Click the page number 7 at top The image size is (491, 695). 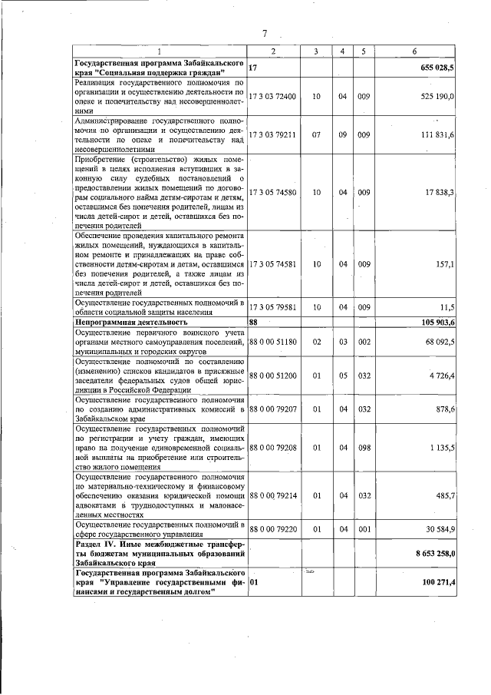click(x=264, y=33)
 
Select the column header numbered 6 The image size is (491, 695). click(x=414, y=51)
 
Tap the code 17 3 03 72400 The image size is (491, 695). click(x=275, y=97)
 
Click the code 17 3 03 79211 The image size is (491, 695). click(x=275, y=134)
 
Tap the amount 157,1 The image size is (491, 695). click(x=446, y=263)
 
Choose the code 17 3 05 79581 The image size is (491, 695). click(x=275, y=307)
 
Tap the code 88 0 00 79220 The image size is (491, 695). click(x=275, y=529)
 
